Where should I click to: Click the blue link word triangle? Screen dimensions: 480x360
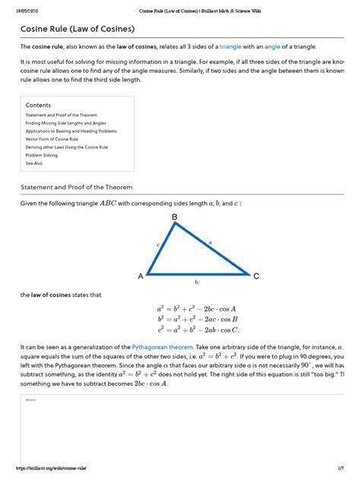click(230, 47)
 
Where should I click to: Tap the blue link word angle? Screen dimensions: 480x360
click(273, 47)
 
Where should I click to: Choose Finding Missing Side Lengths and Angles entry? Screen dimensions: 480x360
click(62, 123)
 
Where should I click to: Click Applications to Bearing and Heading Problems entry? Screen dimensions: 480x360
click(65, 131)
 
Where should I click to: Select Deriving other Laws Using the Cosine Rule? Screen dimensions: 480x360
click(63, 147)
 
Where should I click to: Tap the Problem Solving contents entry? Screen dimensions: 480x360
click(41, 155)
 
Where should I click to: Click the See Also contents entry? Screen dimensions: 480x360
click(33, 163)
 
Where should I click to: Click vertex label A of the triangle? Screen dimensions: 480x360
click(141, 276)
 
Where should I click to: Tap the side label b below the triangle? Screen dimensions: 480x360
click(197, 282)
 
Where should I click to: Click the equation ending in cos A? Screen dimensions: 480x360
click(197, 309)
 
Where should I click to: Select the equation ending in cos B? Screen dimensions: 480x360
click(197, 320)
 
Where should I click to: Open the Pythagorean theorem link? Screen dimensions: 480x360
click(159, 346)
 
